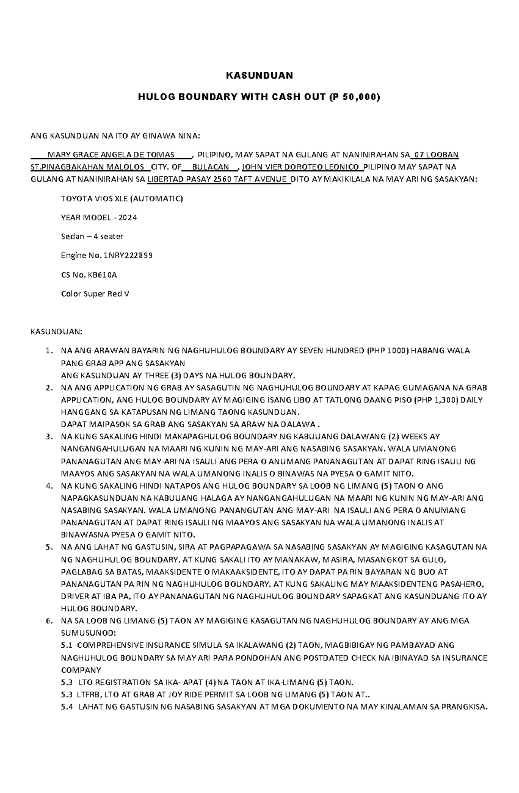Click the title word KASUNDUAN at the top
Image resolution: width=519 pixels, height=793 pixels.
[259, 76]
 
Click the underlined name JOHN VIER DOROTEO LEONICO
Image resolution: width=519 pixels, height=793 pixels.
[300, 167]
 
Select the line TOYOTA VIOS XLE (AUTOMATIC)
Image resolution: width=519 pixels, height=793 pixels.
[122, 199]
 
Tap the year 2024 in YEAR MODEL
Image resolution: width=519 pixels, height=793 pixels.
[128, 218]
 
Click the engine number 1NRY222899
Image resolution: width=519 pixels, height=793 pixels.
[128, 255]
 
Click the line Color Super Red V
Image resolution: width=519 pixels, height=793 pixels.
[95, 294]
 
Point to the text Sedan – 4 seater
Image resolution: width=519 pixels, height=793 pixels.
[92, 236]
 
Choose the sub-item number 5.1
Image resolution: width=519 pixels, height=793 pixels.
[67, 646]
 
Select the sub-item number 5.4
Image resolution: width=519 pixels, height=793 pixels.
[67, 707]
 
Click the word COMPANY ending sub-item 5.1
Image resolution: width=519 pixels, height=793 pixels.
[81, 670]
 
